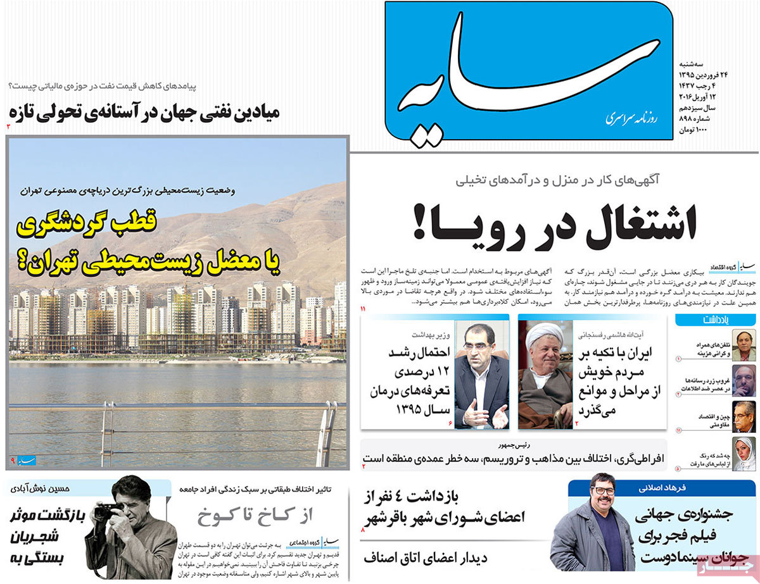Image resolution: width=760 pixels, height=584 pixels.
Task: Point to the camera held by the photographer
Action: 108,510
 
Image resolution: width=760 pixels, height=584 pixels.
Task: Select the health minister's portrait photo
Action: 481,375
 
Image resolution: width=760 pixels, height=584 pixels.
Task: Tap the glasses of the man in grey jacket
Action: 600,490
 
